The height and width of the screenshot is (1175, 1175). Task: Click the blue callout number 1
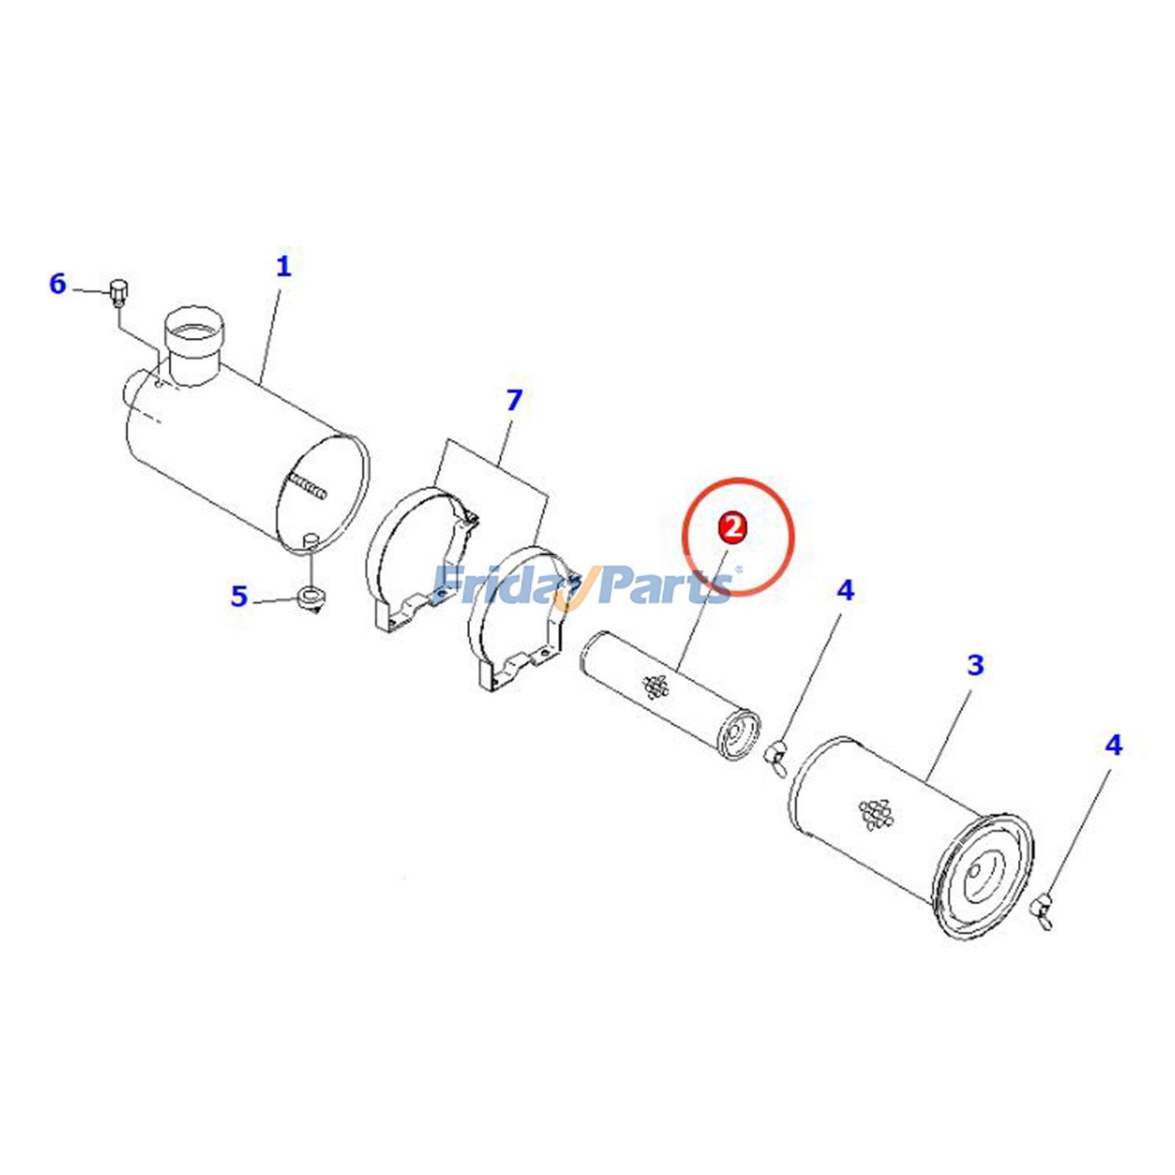(x=283, y=266)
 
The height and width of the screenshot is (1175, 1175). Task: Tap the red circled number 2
(x=733, y=527)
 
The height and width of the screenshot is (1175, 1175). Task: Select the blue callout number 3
(x=975, y=665)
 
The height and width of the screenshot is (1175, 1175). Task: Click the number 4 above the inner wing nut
(x=846, y=590)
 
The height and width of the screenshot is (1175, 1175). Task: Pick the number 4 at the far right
(x=1113, y=745)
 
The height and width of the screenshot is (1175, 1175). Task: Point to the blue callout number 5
(x=239, y=596)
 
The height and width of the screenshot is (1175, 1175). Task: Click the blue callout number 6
(x=57, y=283)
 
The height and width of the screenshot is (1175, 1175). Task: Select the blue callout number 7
(x=514, y=399)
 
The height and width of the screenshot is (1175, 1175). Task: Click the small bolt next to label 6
(x=118, y=292)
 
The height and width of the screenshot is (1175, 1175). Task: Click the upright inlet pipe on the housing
(x=192, y=345)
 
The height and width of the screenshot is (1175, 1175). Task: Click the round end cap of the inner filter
(x=736, y=734)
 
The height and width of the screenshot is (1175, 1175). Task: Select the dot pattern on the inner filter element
(x=656, y=687)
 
